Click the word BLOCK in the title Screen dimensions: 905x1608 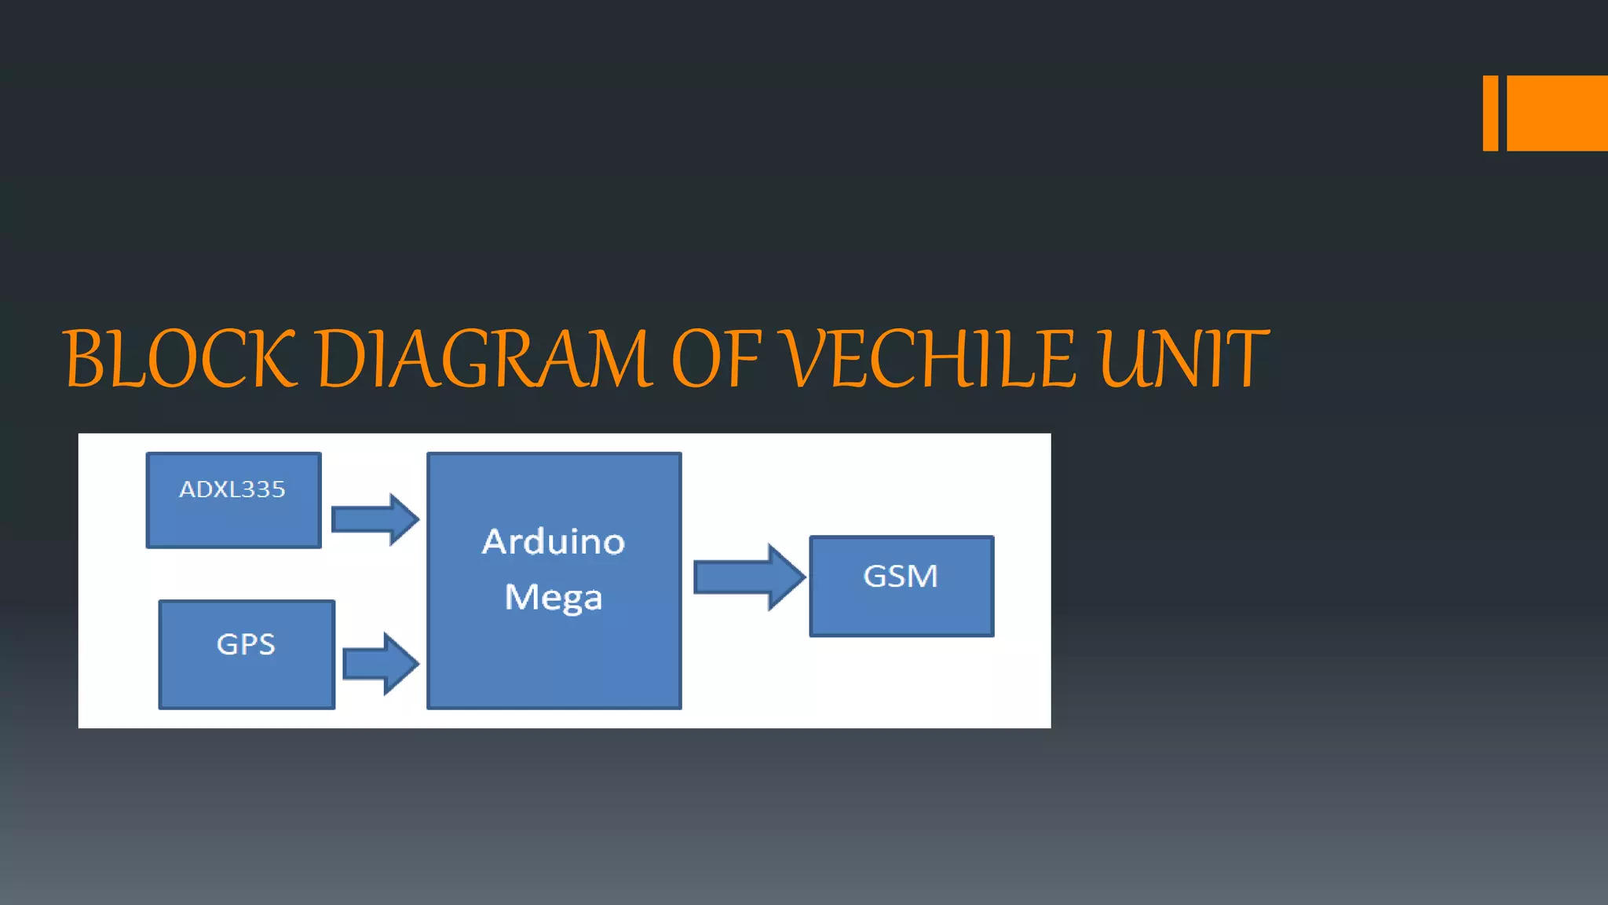(181, 359)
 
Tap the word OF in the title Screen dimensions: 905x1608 (717, 359)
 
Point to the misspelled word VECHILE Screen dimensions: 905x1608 (931, 359)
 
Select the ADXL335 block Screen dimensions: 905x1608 (234, 518)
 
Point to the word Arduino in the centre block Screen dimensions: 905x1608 (554, 542)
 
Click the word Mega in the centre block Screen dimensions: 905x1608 (554, 597)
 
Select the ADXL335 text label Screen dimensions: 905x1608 (232, 489)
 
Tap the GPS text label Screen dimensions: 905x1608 (246, 645)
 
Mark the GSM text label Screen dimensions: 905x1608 (901, 577)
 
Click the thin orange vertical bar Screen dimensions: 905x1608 (1490, 113)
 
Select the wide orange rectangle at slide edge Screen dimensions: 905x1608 (1557, 113)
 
